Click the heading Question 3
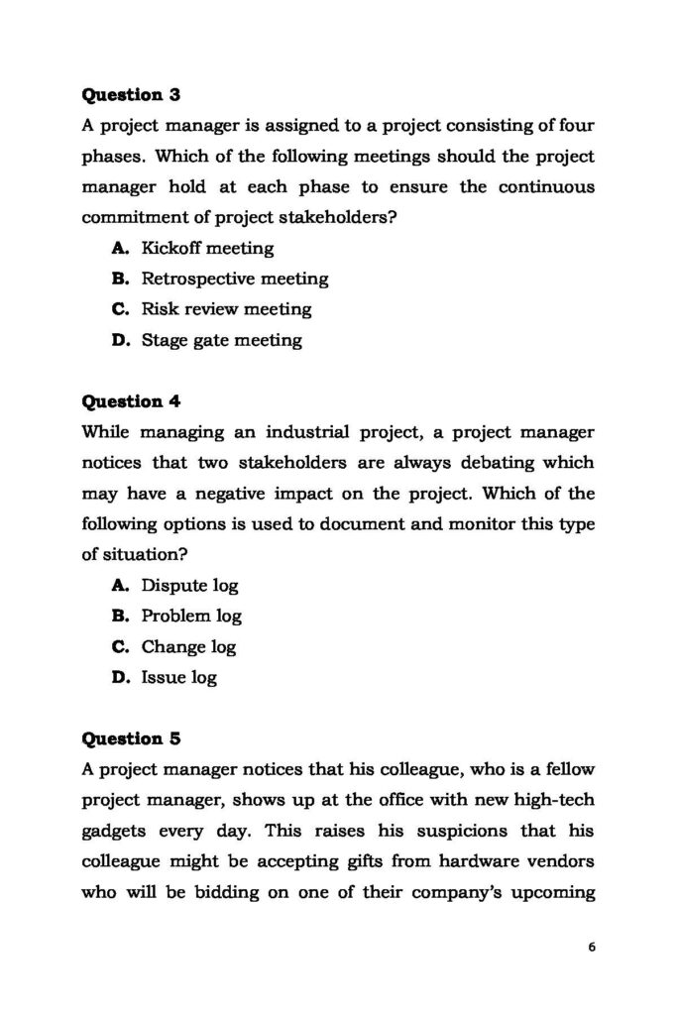[x=129, y=95]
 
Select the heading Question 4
[x=129, y=401]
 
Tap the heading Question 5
[x=129, y=738]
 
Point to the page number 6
[x=592, y=947]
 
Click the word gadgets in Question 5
[x=117, y=831]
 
